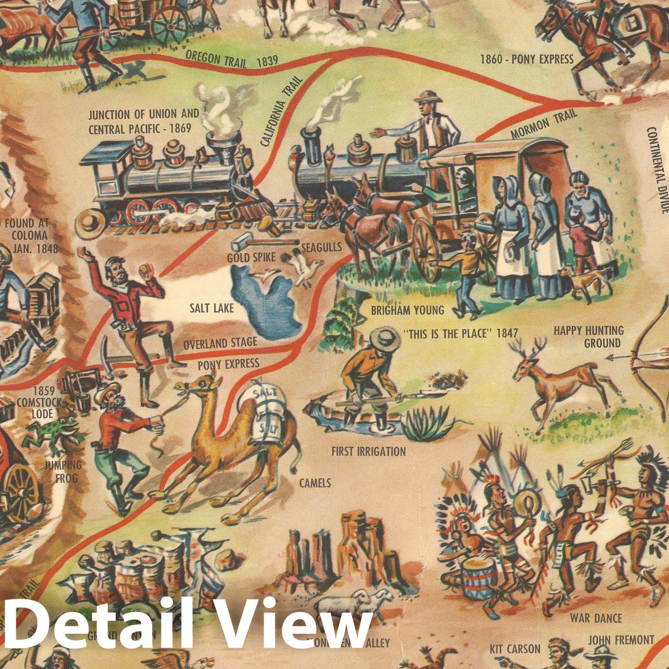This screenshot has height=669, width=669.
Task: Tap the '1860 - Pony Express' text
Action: pos(526,59)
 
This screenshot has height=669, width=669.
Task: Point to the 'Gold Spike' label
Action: pos(251,258)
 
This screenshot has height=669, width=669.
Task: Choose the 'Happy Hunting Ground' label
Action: pos(588,337)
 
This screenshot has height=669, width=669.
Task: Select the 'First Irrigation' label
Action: pos(368,452)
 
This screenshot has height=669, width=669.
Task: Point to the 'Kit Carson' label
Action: pos(515,649)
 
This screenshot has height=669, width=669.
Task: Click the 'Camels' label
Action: pos(315,483)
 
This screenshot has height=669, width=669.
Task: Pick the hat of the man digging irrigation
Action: pos(383,334)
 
